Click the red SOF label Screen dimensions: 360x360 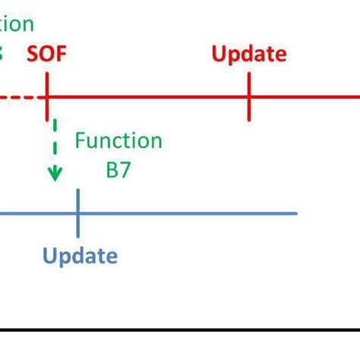pyautogui.click(x=49, y=54)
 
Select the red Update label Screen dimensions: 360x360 pyautogui.click(x=249, y=54)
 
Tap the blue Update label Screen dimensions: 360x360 pyautogui.click(x=80, y=255)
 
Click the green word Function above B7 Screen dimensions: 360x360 pyautogui.click(x=118, y=141)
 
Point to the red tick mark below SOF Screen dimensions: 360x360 pyautogui.click(x=47, y=97)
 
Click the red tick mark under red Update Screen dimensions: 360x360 pyautogui.click(x=249, y=97)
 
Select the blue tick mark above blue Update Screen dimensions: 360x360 pyautogui.click(x=78, y=213)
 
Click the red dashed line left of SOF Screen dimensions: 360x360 pyautogui.click(x=19, y=97)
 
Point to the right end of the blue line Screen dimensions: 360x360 pyautogui.click(x=295, y=213)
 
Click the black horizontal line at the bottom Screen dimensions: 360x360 pyautogui.click(x=180, y=330)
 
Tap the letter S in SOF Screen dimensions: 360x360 pyautogui.click(x=33, y=54)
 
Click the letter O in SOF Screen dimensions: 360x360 pyautogui.click(x=48, y=54)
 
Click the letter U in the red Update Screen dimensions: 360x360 pyautogui.click(x=219, y=54)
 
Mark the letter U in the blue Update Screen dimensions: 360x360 pyautogui.click(x=50, y=255)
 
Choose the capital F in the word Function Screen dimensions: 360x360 pyautogui.click(x=80, y=141)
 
